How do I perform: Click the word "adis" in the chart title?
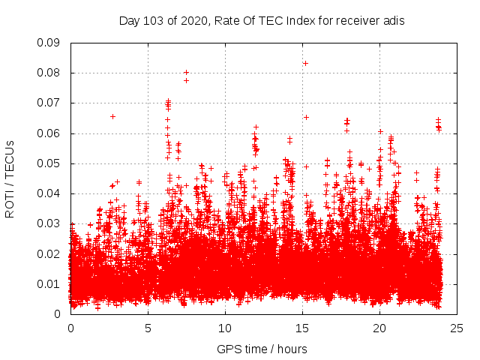click(394, 21)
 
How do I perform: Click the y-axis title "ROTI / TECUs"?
click(10, 178)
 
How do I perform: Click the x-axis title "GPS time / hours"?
click(262, 349)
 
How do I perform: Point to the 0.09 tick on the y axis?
click(49, 43)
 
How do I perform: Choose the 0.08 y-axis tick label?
click(49, 73)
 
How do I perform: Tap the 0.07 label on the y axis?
click(49, 103)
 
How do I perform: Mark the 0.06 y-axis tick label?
click(49, 133)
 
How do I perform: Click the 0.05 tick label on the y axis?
click(49, 163)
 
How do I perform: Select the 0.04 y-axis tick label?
click(49, 193)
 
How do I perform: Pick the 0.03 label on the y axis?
click(49, 223)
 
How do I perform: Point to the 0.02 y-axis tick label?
click(49, 253)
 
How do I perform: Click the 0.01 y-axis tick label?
click(49, 283)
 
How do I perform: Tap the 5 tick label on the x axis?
click(148, 328)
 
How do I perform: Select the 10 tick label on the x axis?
click(225, 328)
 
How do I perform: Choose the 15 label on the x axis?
click(302, 328)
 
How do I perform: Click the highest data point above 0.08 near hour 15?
click(305, 63)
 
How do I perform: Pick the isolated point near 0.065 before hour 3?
click(112, 116)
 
